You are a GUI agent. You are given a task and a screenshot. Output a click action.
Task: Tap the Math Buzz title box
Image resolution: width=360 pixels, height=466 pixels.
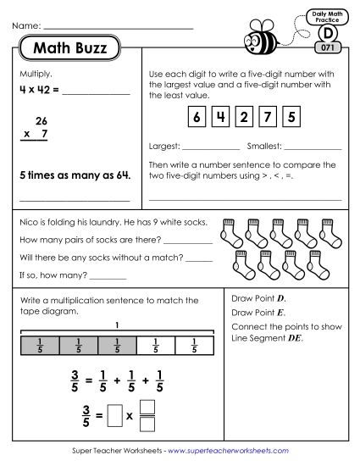69,49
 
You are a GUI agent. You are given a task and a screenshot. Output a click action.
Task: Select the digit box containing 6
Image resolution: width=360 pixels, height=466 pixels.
197,117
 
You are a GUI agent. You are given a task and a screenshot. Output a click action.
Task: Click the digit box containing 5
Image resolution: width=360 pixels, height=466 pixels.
291,117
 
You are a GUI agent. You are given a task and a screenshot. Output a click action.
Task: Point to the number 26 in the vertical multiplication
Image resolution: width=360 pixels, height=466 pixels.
42,121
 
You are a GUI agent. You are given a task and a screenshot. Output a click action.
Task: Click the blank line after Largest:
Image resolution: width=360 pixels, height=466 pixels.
212,149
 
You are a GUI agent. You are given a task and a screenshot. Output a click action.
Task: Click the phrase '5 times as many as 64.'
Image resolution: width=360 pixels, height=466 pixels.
75,176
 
